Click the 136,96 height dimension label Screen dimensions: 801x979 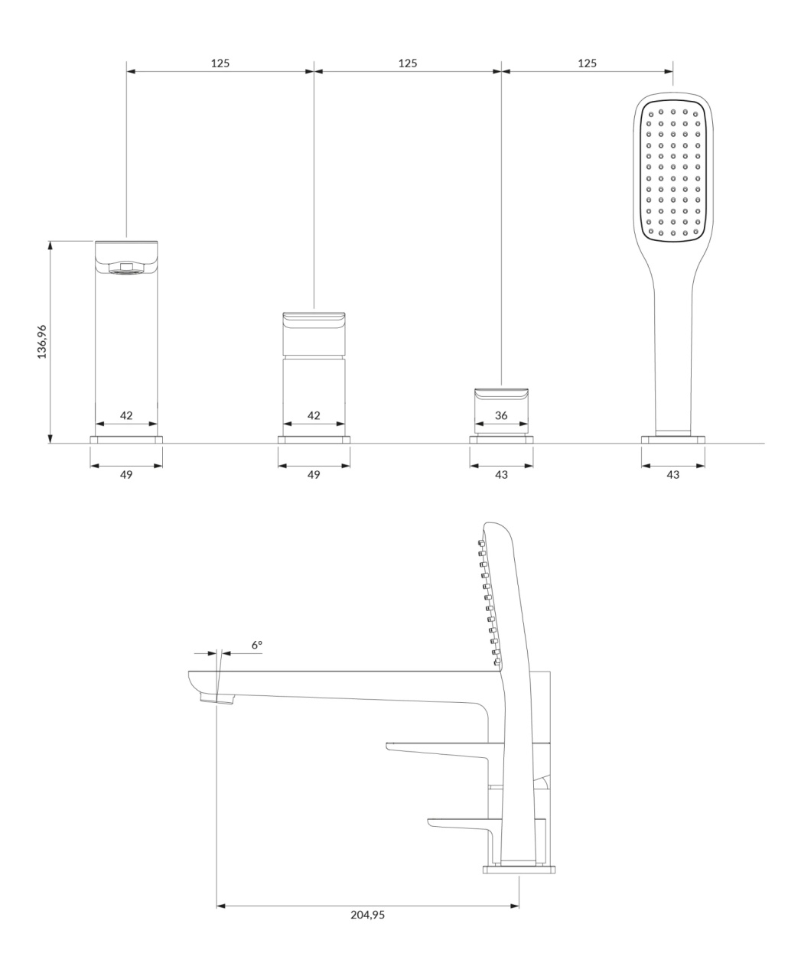click(x=42, y=341)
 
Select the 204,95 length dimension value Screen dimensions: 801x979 click(x=367, y=915)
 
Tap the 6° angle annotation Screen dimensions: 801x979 click(x=257, y=645)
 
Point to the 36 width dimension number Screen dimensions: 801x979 click(x=501, y=415)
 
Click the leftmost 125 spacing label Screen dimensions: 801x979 click(x=220, y=63)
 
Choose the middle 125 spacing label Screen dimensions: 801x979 click(x=407, y=63)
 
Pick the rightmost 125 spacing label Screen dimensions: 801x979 click(x=587, y=63)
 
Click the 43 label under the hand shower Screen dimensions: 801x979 click(x=672, y=474)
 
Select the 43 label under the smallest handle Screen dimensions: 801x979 click(x=501, y=474)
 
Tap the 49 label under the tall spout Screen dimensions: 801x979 click(x=126, y=474)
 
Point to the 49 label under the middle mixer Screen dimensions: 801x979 click(x=314, y=474)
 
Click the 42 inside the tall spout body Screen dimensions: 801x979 click(x=126, y=415)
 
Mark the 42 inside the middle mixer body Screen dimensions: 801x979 click(x=314, y=415)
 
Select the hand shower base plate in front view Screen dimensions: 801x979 click(x=672, y=440)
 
